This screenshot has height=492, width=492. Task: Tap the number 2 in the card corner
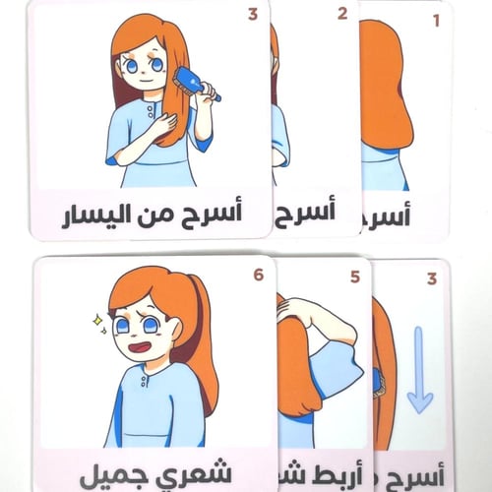click(341, 14)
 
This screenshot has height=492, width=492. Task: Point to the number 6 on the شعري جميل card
click(258, 275)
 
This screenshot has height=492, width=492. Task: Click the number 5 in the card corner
click(354, 278)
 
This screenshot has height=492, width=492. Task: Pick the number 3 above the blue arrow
click(431, 280)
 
